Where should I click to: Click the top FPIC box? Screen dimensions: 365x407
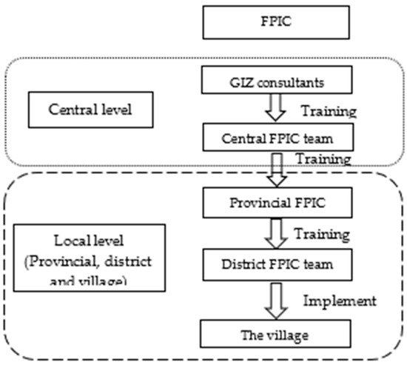click(x=254, y=21)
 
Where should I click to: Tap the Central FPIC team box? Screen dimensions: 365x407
click(x=254, y=138)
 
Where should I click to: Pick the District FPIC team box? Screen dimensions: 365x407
click(x=254, y=261)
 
